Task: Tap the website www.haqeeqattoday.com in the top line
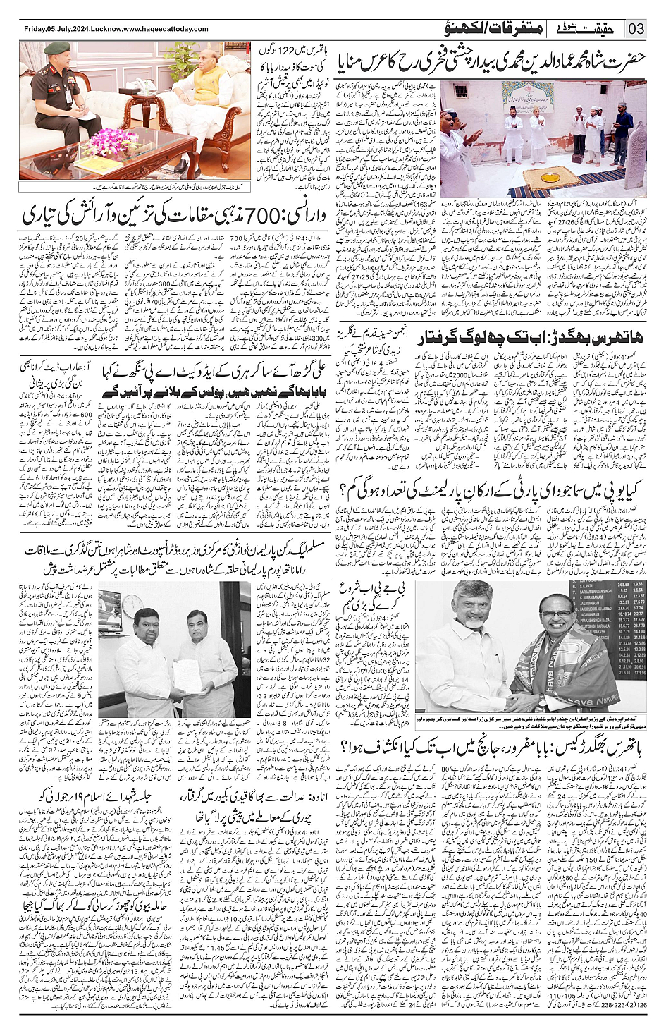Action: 166,29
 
